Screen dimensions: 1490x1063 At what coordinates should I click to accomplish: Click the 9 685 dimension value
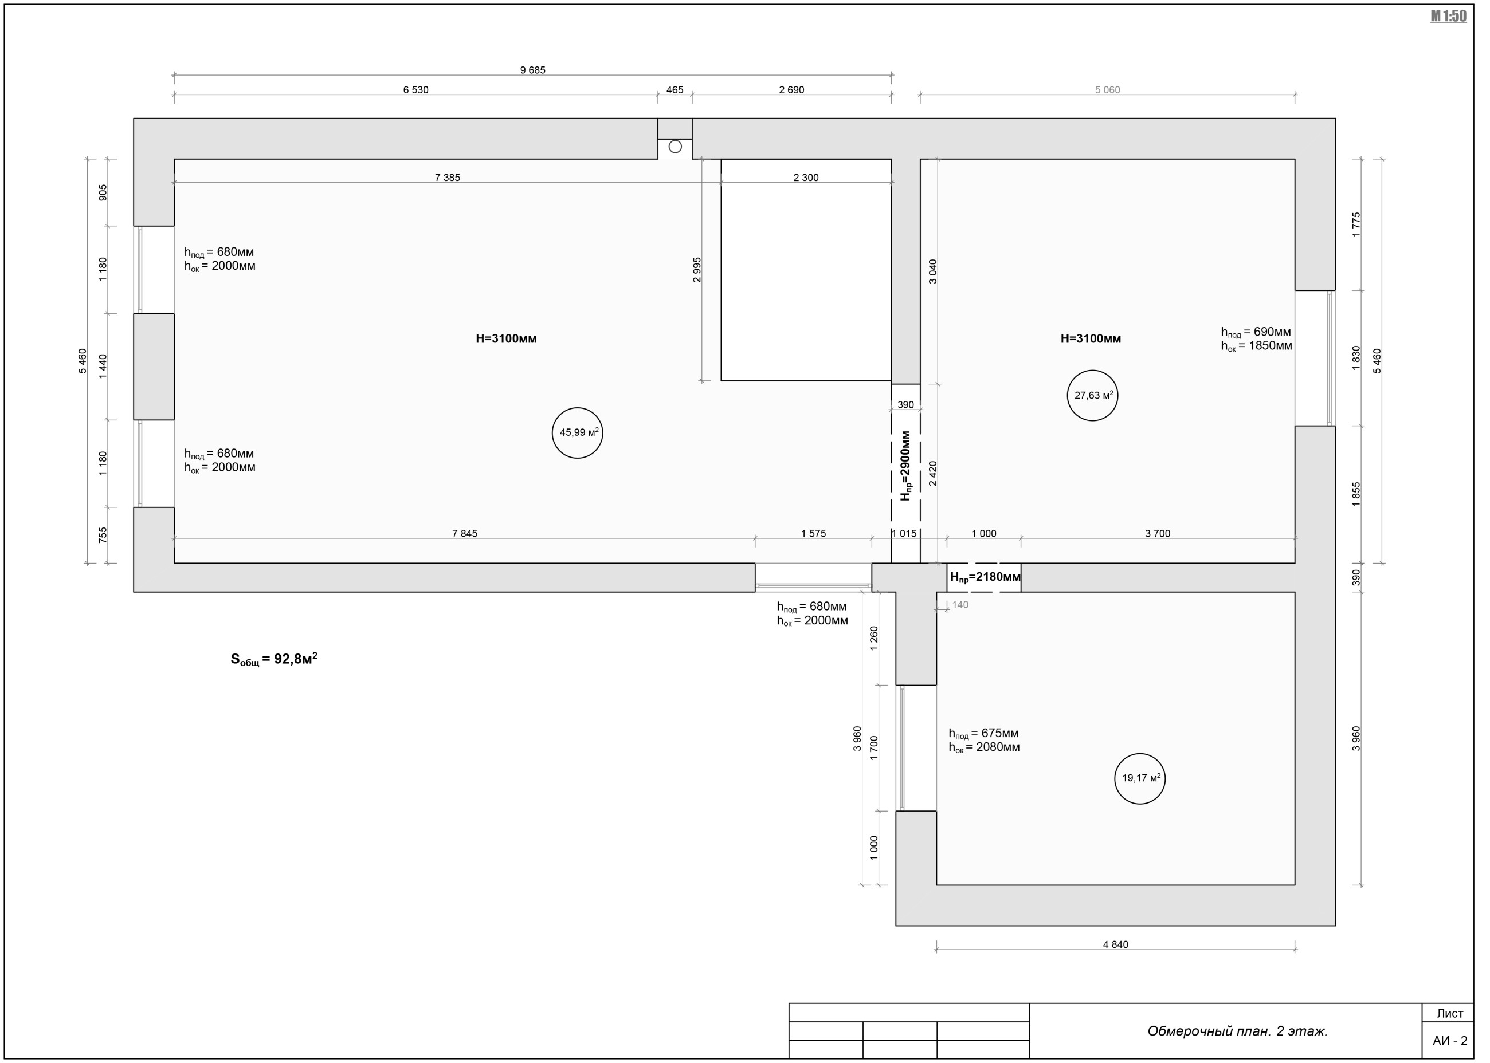532,70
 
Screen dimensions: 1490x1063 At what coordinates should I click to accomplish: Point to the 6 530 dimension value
416,90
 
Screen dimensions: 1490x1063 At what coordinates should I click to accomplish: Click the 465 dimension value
675,90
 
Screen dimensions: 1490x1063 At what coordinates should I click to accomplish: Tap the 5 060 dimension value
1108,90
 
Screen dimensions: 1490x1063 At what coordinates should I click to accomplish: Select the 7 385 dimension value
448,178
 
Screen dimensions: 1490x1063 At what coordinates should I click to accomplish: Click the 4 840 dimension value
1115,944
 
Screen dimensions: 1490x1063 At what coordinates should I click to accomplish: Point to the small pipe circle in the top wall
675,147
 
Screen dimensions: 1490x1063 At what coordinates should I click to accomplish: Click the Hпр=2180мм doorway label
985,577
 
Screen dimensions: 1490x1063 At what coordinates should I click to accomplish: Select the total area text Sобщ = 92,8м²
274,659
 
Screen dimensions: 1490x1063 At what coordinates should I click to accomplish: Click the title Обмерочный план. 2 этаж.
1237,1031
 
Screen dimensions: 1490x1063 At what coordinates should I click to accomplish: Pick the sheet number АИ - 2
1450,1041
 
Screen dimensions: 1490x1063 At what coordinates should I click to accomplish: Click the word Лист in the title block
1450,1013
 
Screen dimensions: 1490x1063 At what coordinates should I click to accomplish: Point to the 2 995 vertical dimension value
697,270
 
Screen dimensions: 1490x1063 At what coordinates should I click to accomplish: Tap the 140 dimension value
960,605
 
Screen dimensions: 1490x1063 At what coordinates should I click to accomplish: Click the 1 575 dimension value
813,533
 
